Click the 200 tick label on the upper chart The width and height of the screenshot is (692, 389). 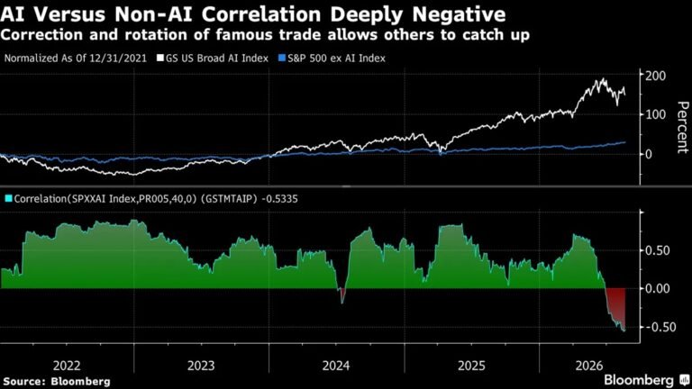click(656, 76)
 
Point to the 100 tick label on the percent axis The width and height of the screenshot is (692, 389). click(656, 114)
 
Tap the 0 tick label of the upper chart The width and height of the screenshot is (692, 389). click(649, 154)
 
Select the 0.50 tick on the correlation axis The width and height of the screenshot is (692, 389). click(658, 250)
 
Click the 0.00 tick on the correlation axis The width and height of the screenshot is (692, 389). click(658, 289)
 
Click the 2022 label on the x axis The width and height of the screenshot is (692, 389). click(67, 366)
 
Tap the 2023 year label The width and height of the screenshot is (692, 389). click(201, 366)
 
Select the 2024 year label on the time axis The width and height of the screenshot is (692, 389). click(336, 366)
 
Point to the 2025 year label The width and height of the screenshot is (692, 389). click(471, 366)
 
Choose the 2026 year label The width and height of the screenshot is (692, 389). click(588, 366)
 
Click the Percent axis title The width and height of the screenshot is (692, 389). click(682, 128)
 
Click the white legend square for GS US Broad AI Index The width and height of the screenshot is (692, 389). click(160, 59)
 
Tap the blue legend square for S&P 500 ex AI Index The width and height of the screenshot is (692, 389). click(282, 59)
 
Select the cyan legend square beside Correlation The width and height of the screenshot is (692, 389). click(8, 198)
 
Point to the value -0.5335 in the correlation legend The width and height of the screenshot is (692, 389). click(280, 199)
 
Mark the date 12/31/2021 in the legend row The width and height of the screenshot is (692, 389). click(119, 59)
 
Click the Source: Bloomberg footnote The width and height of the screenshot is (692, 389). click(57, 382)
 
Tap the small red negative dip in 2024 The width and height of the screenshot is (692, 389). click(341, 294)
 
